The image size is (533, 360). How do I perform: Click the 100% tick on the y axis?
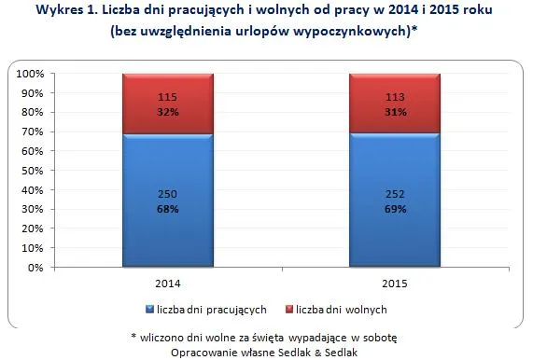click(x=29, y=74)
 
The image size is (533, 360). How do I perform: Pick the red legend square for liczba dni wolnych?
click(x=289, y=310)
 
